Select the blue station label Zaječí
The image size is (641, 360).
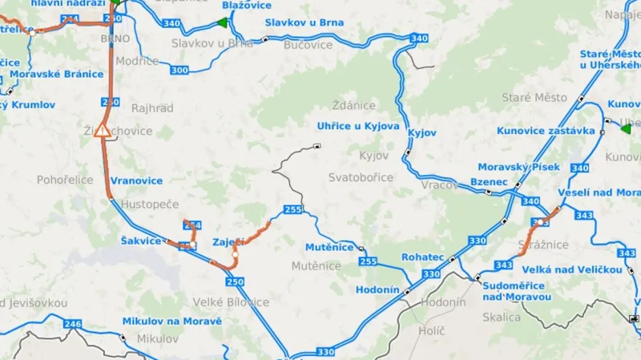click(x=228, y=242)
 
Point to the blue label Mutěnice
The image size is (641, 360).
click(x=329, y=247)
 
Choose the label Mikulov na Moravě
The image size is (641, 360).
click(x=171, y=322)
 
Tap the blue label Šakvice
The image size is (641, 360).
click(x=141, y=241)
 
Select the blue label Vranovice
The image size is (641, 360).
click(x=136, y=180)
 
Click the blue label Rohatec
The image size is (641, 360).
click(x=423, y=257)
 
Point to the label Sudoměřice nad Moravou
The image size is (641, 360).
click(x=517, y=291)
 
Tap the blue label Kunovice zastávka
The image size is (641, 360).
click(x=546, y=131)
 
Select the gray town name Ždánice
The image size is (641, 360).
click(x=353, y=105)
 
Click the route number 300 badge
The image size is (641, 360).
click(x=179, y=71)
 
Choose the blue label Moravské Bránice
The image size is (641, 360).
click(x=57, y=74)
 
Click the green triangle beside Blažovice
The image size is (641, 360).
click(x=224, y=22)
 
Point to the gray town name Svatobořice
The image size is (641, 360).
click(x=361, y=176)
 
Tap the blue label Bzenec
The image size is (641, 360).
click(x=489, y=182)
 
